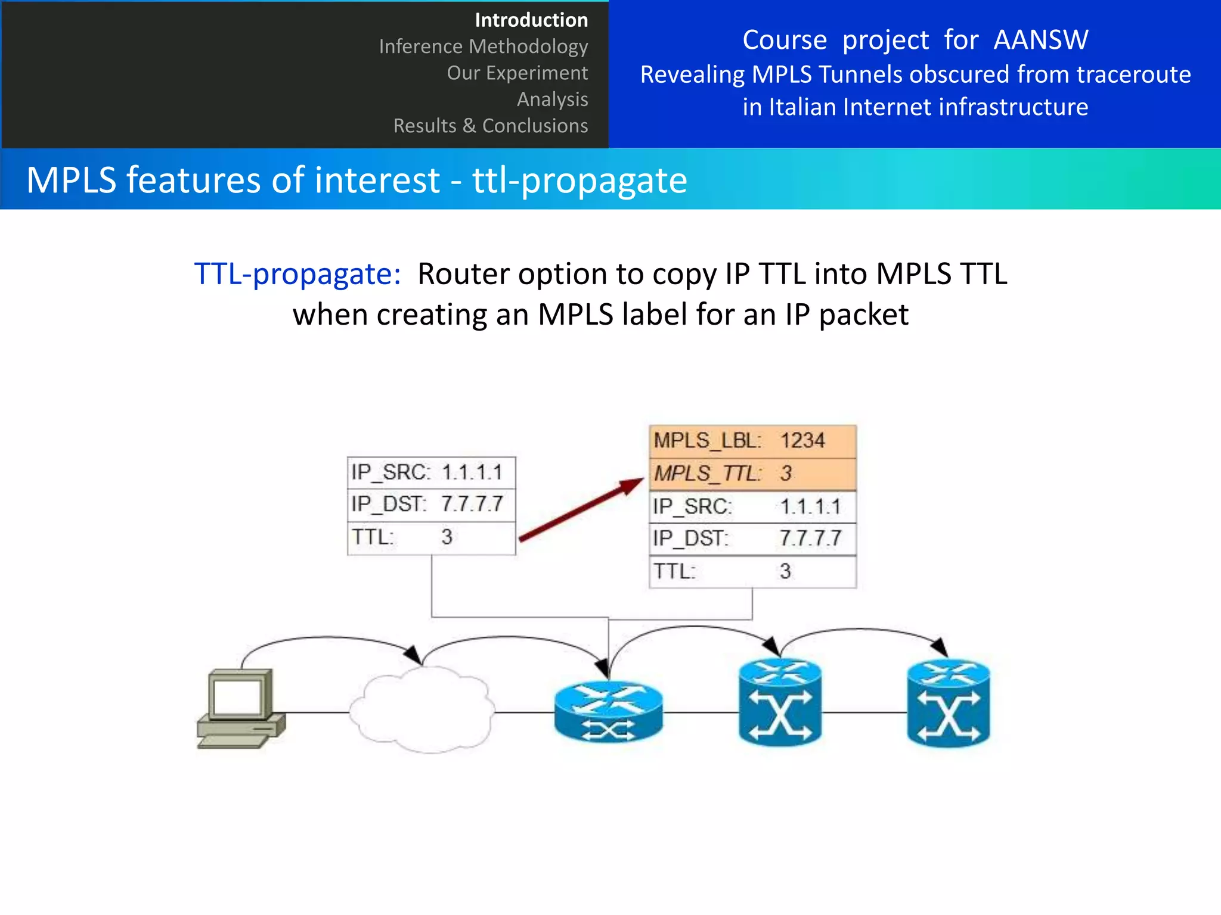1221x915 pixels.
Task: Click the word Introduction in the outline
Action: tap(531, 20)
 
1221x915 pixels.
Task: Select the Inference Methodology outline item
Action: tap(483, 46)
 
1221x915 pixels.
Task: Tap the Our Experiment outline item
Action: tap(517, 73)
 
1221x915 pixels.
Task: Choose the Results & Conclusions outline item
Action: tap(490, 126)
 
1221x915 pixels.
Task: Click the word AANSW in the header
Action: tap(1040, 41)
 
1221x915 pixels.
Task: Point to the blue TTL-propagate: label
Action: tap(297, 274)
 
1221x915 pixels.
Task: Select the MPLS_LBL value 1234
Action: tap(802, 441)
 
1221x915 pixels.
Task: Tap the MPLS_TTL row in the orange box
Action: tap(752, 474)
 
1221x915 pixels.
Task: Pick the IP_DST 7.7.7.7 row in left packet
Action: tap(430, 505)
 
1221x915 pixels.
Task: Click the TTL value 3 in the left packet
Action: tap(447, 537)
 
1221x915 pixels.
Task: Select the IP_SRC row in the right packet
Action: tap(752, 507)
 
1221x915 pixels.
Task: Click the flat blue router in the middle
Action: tap(608, 712)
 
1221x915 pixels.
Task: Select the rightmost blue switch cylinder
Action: tap(948, 703)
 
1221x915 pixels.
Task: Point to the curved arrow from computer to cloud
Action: tap(328, 639)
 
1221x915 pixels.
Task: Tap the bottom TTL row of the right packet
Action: tap(752, 571)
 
